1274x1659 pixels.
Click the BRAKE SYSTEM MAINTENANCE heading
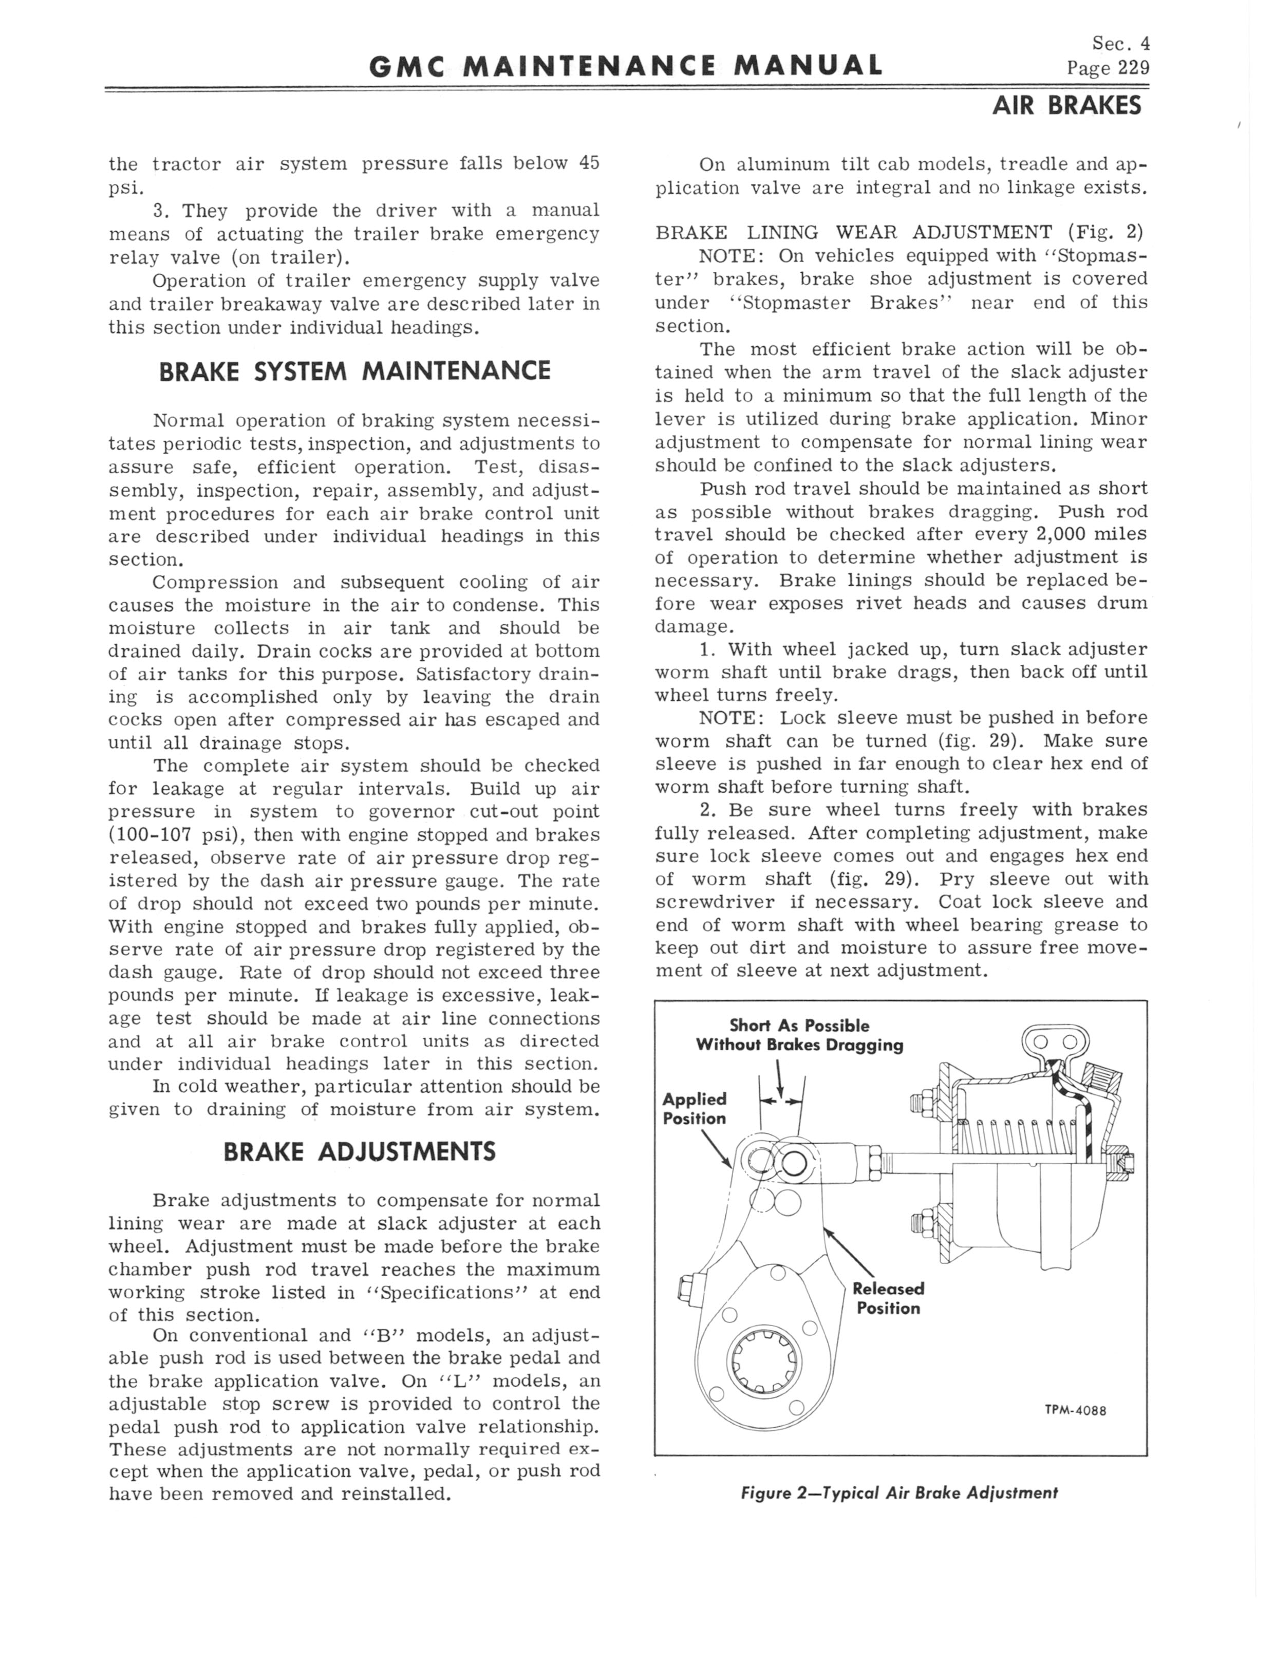point(354,371)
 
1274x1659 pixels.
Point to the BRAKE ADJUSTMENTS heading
point(360,1152)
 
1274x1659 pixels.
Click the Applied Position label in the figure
point(694,1109)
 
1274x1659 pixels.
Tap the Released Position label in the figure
point(888,1298)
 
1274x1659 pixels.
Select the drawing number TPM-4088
point(1075,1411)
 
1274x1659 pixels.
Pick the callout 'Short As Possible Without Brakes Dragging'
point(799,1035)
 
